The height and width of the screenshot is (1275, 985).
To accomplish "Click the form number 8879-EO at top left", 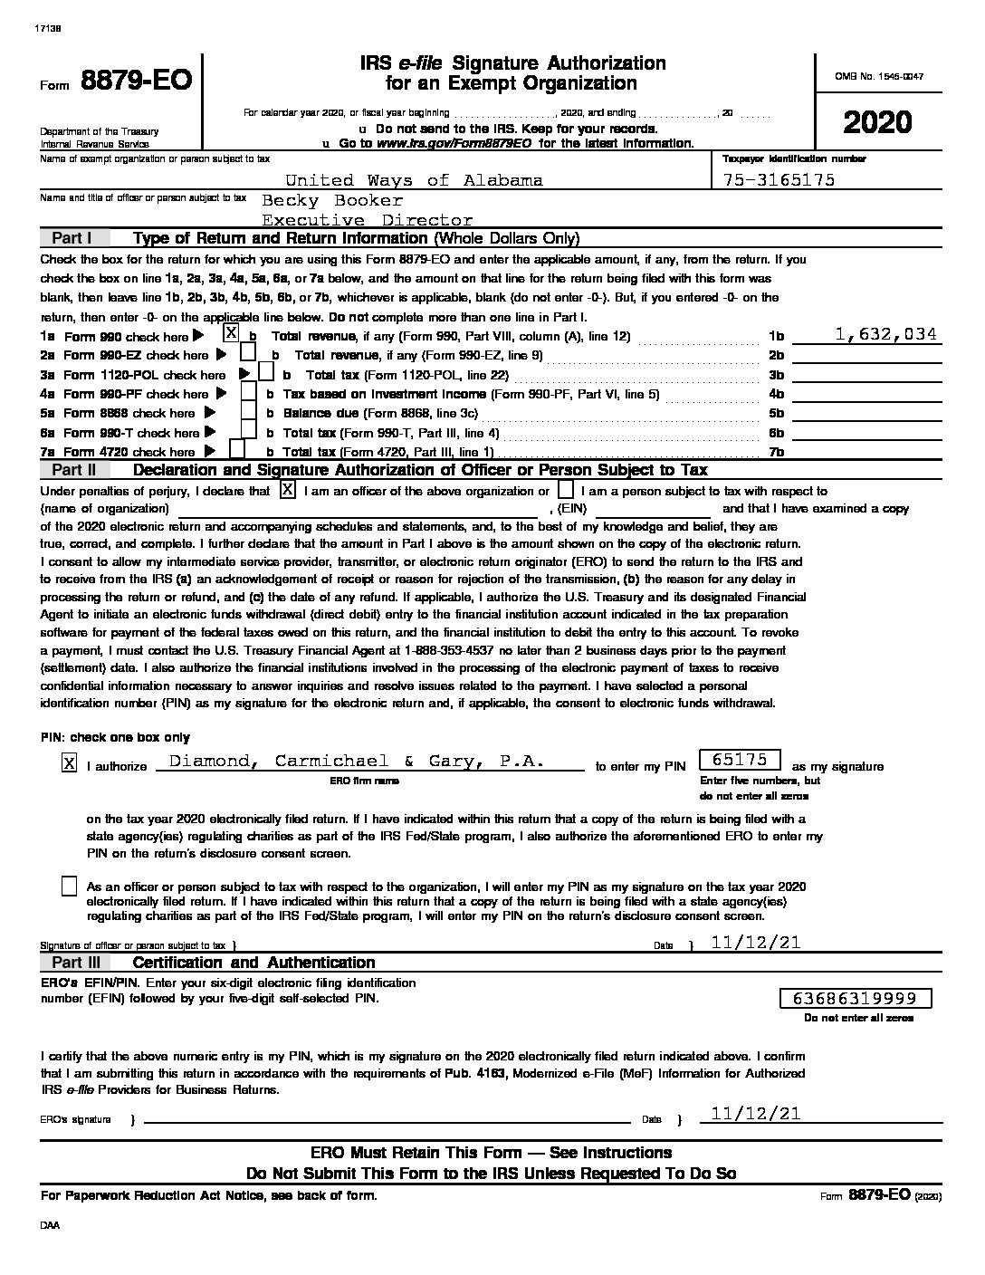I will [x=136, y=81].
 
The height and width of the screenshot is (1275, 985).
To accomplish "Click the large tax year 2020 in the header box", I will [x=877, y=122].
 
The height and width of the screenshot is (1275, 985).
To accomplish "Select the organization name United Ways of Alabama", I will [x=414, y=180].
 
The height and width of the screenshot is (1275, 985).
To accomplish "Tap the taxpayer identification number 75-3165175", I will [x=779, y=180].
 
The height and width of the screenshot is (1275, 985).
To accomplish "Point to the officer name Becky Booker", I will [x=331, y=200].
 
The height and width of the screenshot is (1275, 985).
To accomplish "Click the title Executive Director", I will [x=367, y=220].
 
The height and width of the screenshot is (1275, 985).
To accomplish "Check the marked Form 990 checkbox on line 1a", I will [x=231, y=334].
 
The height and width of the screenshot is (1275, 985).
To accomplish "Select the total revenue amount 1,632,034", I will [x=885, y=334].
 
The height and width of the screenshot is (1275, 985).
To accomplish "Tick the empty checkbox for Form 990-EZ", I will [x=247, y=354].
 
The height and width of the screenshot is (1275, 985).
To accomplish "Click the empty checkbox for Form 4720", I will [x=237, y=450].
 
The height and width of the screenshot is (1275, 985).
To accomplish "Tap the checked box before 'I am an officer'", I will [x=287, y=490].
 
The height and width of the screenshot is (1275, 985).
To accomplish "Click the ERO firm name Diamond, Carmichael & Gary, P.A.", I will [x=358, y=762].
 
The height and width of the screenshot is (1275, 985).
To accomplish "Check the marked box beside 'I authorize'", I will [x=69, y=763].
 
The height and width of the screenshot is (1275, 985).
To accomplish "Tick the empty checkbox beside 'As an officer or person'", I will [x=69, y=887].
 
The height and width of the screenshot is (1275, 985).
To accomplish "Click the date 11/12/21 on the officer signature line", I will [x=756, y=943].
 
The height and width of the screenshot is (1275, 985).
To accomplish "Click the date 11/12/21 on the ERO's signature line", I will [x=756, y=1114].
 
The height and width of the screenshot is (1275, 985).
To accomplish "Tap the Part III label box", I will [x=75, y=963].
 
